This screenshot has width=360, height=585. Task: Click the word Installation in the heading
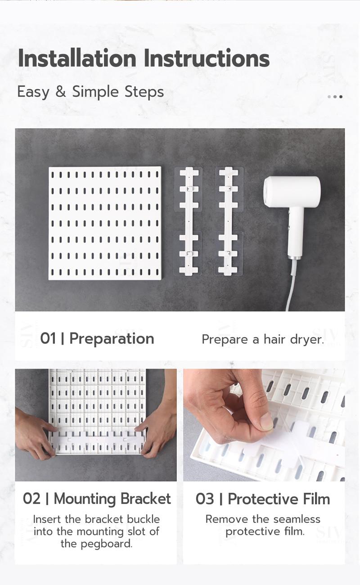click(x=77, y=58)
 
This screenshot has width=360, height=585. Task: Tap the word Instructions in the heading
click(x=207, y=58)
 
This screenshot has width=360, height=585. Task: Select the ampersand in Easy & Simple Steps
click(x=61, y=92)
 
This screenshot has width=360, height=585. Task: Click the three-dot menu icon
click(x=335, y=97)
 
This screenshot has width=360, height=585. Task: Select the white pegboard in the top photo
click(x=105, y=223)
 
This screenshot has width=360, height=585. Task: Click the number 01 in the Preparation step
click(x=48, y=339)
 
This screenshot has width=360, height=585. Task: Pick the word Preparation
click(x=112, y=339)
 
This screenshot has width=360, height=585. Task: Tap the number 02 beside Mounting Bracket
click(x=31, y=499)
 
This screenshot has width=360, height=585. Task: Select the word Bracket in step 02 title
click(x=145, y=499)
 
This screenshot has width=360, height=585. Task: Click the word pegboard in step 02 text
click(x=97, y=544)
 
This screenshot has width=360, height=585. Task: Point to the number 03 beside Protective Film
click(x=205, y=499)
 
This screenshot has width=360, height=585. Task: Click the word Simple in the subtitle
click(x=95, y=92)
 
